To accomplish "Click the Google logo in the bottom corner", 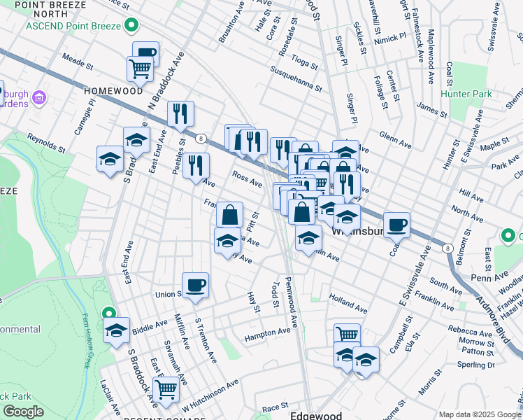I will coord(22,412).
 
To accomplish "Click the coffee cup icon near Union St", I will coord(196,286).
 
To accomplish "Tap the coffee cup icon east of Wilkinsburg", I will coord(396,225).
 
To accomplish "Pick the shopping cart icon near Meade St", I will coord(140,69).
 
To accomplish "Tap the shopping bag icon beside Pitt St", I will coord(229,215).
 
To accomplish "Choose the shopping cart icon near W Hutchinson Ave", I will coord(166,389).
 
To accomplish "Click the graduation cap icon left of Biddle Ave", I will coord(117,331).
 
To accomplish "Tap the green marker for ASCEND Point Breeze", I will coord(131,26).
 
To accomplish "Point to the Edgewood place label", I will coord(316,414).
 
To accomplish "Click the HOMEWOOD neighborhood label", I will coord(113,91).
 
